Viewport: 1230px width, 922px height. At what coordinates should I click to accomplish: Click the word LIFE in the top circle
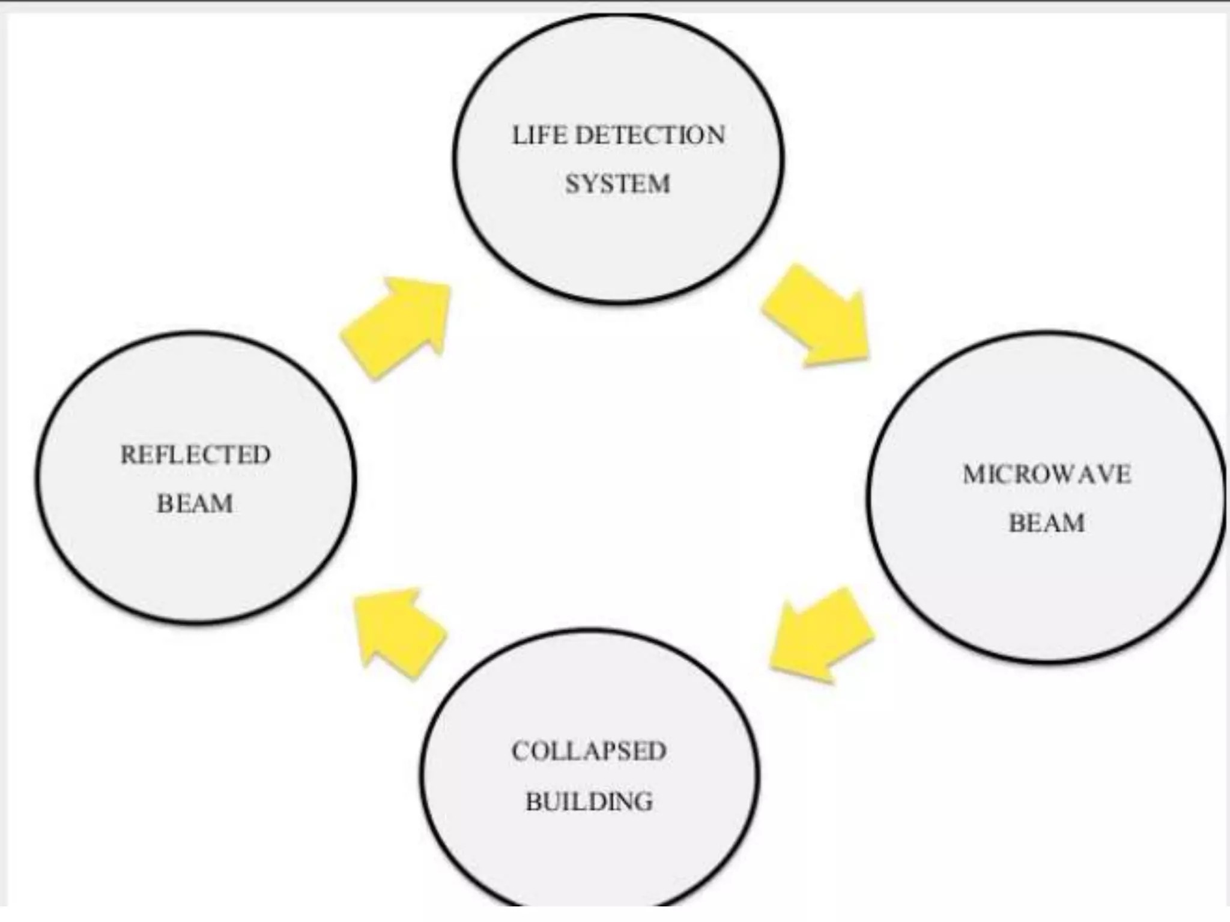(539, 136)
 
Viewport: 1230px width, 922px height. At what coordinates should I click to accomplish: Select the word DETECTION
(650, 136)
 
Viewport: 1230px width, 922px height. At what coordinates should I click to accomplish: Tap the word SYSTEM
(617, 184)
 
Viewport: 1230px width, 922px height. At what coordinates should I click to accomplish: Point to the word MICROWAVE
(1047, 475)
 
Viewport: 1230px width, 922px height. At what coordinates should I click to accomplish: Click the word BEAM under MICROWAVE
(1047, 523)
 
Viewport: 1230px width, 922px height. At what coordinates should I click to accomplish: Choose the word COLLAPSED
(589, 752)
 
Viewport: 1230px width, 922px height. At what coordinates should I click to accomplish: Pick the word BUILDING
(589, 801)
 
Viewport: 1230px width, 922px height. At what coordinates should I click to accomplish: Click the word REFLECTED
(196, 455)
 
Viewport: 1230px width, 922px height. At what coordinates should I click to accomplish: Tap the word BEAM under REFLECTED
(195, 504)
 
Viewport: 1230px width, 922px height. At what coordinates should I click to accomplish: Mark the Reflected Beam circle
(196, 564)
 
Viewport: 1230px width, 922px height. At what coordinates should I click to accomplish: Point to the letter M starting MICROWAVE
(974, 475)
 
